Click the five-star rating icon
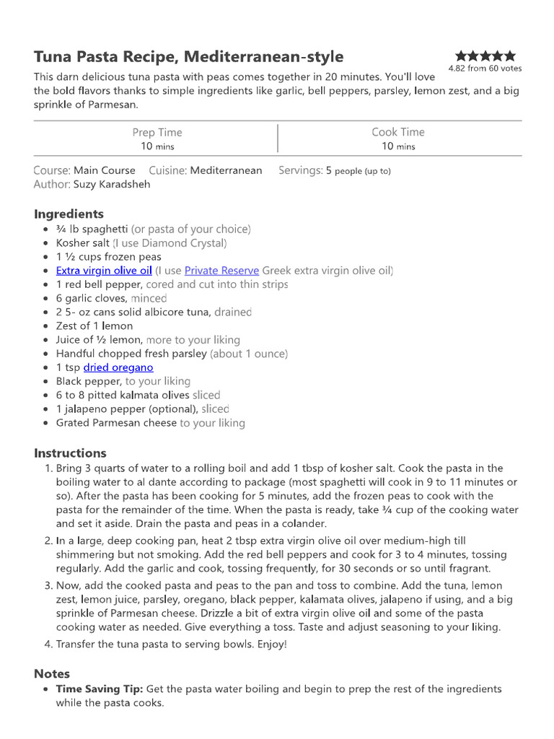[x=485, y=56]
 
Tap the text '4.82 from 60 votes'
[x=485, y=69]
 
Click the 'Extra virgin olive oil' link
[x=104, y=271]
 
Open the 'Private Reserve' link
[x=221, y=271]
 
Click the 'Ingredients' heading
[x=69, y=214]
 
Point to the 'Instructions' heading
[x=70, y=453]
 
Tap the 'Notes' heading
[x=52, y=673]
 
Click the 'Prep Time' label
[x=157, y=132]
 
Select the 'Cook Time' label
[x=398, y=132]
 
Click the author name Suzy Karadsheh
[x=111, y=184]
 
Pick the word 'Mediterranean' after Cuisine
[x=227, y=170]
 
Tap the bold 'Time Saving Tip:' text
[x=100, y=689]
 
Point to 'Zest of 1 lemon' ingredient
[x=94, y=325]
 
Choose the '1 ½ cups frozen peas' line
[x=108, y=257]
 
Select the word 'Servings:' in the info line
[x=300, y=170]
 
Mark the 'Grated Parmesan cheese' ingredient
[x=116, y=423]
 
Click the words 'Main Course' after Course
[x=105, y=170]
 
